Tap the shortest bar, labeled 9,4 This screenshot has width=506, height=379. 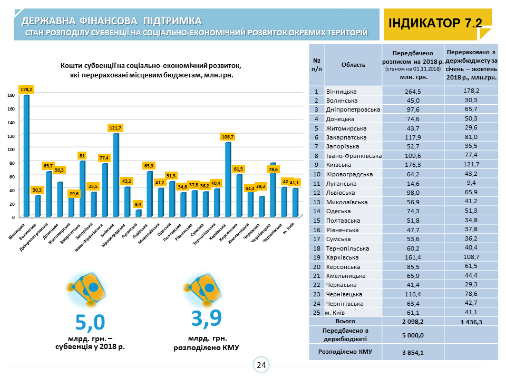coord(139,213)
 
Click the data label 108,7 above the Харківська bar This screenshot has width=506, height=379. coord(228,136)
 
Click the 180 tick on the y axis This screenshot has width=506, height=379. coord(11,95)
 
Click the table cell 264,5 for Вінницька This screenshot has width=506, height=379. coord(412,91)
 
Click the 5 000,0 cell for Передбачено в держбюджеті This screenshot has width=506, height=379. coord(412,335)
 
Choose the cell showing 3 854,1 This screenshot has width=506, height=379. coord(412,352)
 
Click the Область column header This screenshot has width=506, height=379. coord(353,65)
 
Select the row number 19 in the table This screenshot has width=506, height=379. coord(316,257)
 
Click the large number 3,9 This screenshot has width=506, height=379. coord(206,318)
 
